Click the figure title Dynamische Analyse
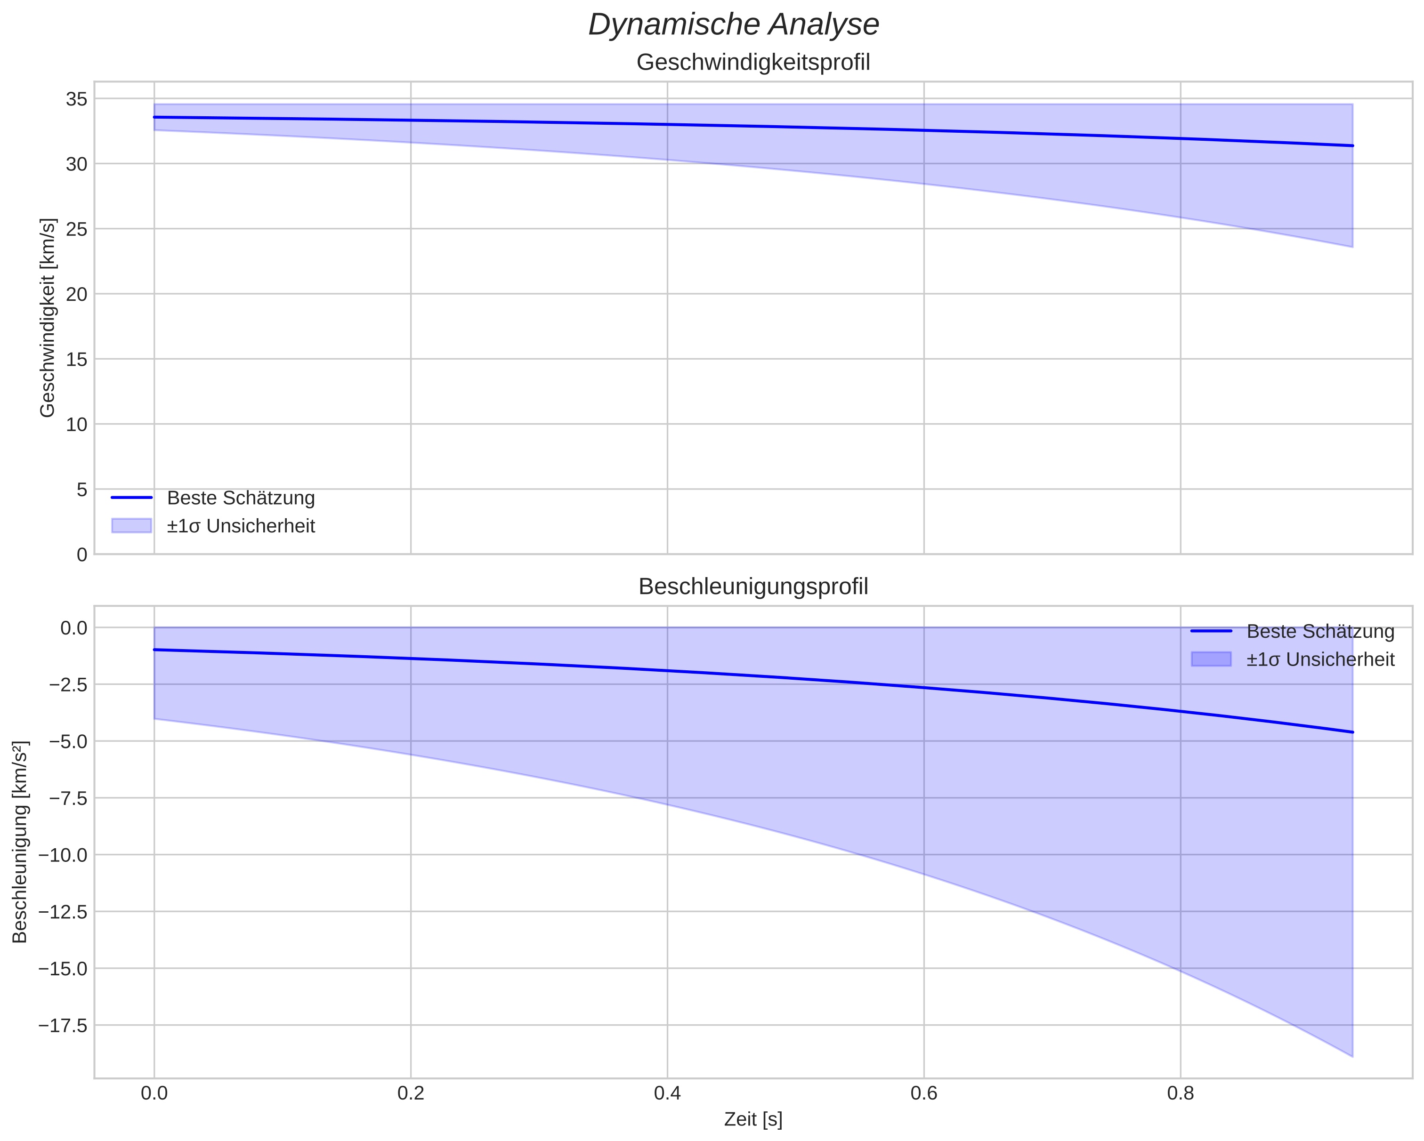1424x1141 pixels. point(733,25)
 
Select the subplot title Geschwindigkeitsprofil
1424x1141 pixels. point(753,62)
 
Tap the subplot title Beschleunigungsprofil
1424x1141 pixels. point(753,587)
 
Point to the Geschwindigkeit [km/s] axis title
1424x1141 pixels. point(48,318)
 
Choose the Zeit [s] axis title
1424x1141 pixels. point(753,1119)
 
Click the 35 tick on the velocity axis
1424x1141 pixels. point(77,99)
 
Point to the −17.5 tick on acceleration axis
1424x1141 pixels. point(64,1026)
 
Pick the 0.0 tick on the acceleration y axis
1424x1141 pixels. point(73,628)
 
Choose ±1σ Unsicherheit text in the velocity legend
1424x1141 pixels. point(241,526)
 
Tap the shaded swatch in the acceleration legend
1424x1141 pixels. point(1211,659)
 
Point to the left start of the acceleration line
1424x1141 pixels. point(154,650)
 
